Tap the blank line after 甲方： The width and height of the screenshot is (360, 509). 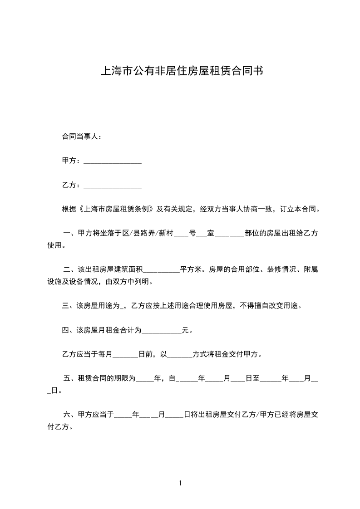pos(113,162)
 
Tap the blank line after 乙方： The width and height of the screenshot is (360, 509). pos(113,186)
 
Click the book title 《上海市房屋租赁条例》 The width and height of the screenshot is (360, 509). pos(118,210)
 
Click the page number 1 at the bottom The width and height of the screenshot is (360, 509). pos(180,483)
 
